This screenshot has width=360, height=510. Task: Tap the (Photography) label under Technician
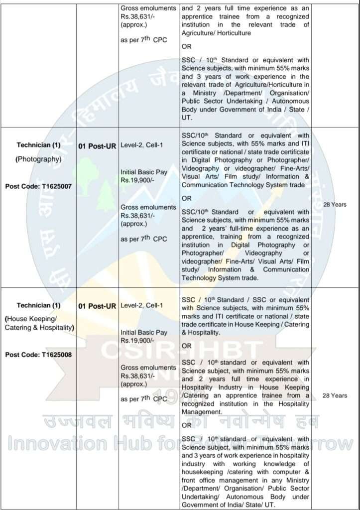pyautogui.click(x=38, y=159)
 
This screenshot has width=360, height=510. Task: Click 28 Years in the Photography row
pyautogui.click(x=335, y=204)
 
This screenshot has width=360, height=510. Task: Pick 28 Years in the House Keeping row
pyautogui.click(x=335, y=395)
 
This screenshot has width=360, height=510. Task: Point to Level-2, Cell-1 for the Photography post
pyautogui.click(x=142, y=144)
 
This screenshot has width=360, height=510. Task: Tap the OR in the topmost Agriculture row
pyautogui.click(x=187, y=46)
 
